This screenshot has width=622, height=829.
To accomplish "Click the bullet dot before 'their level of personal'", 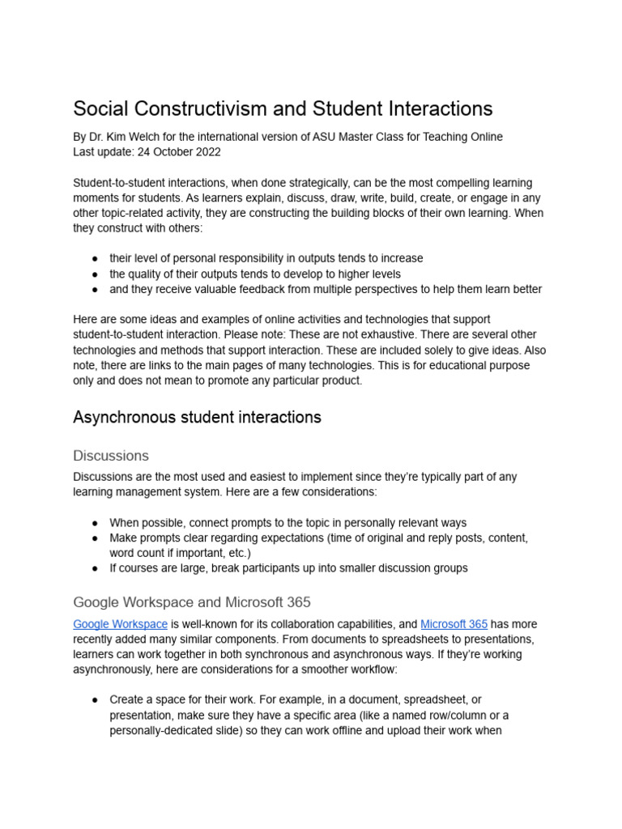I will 95,258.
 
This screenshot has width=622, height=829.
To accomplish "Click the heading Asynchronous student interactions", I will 197,417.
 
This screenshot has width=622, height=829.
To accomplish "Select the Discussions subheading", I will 111,456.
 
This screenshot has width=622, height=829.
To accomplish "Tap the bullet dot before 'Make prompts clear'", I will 95,538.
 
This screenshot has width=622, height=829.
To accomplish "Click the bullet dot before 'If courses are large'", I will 95,568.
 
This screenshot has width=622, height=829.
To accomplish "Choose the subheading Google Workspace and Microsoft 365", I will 192,602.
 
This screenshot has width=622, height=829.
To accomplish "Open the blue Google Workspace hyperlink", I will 120,624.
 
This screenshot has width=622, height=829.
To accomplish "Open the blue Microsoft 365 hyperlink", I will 454,624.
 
